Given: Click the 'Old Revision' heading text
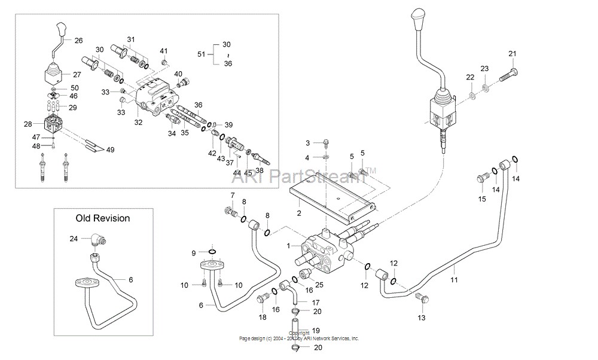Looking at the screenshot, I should [102, 218].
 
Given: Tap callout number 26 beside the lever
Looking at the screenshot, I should [78, 41].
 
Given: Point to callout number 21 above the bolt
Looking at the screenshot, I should [512, 54].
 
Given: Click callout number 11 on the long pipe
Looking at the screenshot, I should [454, 279].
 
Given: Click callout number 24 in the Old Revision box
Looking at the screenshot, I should [74, 239].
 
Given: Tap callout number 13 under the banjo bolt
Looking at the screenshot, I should [422, 318].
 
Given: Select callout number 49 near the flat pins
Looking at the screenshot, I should [110, 150].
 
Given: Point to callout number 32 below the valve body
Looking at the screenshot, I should [138, 122].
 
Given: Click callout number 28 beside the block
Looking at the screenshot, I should [28, 124].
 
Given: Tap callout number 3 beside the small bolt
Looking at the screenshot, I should [308, 143].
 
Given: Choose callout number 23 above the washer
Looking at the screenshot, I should [484, 68].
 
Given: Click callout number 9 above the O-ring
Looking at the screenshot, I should [194, 253].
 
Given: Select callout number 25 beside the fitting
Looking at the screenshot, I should [319, 285].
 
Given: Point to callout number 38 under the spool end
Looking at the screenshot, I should [260, 170].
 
